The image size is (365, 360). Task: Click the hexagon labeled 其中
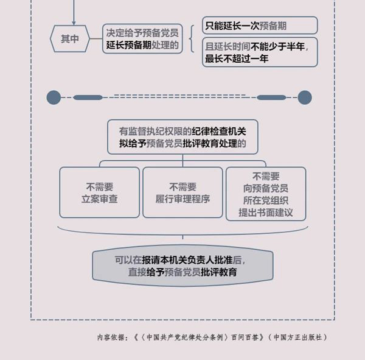(70, 39)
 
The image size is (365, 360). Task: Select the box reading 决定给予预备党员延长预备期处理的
(142, 39)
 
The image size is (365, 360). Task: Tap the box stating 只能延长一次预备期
(260, 26)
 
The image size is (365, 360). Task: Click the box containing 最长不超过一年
(260, 52)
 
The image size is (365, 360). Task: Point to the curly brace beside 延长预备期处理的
(192, 39)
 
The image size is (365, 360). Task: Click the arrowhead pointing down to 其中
(74, 23)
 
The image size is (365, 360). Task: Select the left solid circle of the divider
(54, 97)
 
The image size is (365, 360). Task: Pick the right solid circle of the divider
(305, 97)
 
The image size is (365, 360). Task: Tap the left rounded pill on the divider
(88, 97)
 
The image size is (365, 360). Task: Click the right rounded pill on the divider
(271, 97)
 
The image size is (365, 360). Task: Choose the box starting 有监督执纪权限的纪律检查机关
(182, 137)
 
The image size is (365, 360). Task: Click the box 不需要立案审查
(100, 192)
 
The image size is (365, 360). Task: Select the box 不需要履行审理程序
(182, 192)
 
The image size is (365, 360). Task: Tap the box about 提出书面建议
(266, 194)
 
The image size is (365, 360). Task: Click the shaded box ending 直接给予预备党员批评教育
(182, 266)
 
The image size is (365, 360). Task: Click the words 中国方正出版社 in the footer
(298, 337)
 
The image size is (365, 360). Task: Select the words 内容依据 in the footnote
(111, 337)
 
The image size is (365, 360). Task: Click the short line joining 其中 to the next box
(96, 39)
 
